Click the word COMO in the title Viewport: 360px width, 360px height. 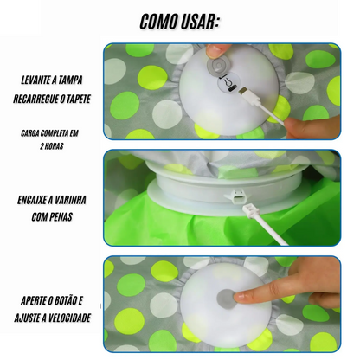pyautogui.click(x=157, y=22)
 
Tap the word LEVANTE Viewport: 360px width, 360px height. pyautogui.click(x=35, y=80)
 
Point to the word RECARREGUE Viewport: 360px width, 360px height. pyautogui.click(x=35, y=99)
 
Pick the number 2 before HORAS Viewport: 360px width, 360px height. pyautogui.click(x=42, y=146)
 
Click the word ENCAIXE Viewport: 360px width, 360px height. pyautogui.click(x=32, y=200)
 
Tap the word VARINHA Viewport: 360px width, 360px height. pyautogui.click(x=70, y=200)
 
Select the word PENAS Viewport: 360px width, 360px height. pyautogui.click(x=61, y=217)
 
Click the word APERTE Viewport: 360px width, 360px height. pyautogui.click(x=32, y=301)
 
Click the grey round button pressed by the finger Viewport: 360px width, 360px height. pyautogui.click(x=226, y=299)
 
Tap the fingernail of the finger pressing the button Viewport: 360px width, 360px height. pyautogui.click(x=239, y=297)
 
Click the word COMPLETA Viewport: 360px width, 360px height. pyautogui.click(x=54, y=133)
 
